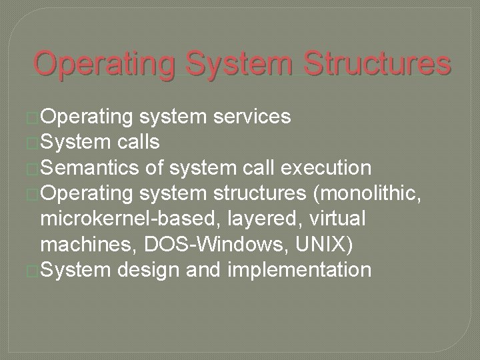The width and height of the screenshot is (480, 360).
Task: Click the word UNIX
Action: pos(320,244)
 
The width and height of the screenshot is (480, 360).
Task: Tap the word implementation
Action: pos(301,269)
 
